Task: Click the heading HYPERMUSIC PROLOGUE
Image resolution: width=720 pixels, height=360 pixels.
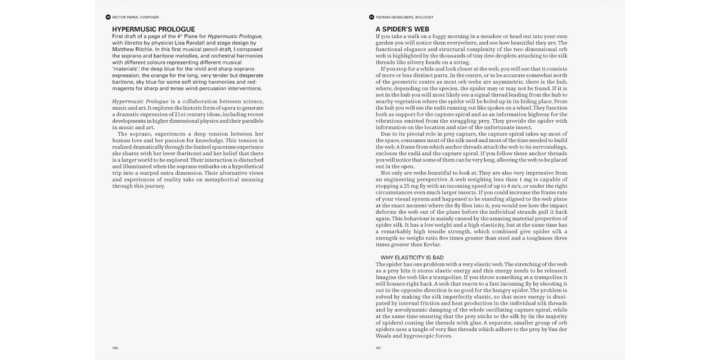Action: point(154,29)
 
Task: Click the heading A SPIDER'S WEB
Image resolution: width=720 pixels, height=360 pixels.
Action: point(403,29)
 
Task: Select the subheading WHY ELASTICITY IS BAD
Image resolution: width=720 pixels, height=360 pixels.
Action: point(412,258)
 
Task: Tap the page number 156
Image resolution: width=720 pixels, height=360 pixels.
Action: point(115,348)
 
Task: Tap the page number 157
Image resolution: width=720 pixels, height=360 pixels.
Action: point(379,348)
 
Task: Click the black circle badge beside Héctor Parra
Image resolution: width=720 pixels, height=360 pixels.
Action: point(108,17)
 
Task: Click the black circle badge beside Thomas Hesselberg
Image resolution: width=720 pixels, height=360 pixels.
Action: point(371,17)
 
